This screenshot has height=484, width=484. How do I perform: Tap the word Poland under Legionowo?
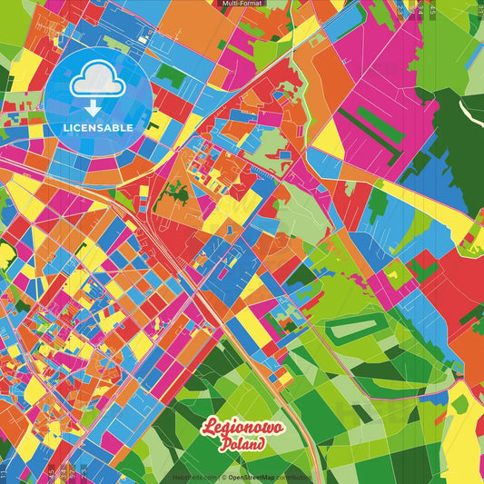click(x=242, y=445)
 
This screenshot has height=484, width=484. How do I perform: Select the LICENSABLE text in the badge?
click(x=97, y=127)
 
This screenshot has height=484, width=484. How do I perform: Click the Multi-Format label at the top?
click(x=242, y=4)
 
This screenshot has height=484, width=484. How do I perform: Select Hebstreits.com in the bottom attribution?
click(x=194, y=477)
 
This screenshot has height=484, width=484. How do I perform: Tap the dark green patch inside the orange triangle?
click(x=178, y=192)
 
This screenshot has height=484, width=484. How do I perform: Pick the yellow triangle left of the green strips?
click(x=329, y=136)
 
